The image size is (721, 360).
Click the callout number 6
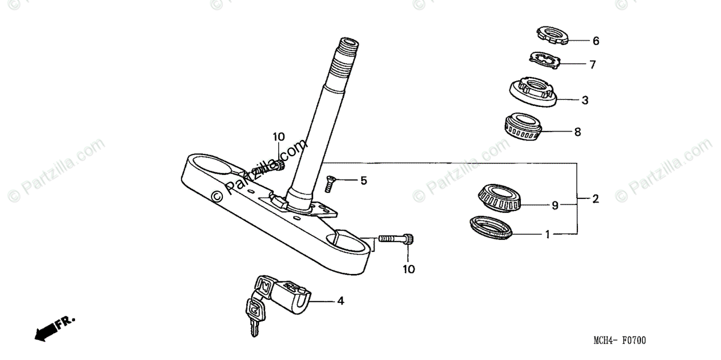click(595, 41)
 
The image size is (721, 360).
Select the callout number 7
click(592, 65)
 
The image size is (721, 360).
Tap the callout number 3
click(585, 100)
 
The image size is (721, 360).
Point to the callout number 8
click(577, 132)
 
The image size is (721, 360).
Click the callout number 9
click(555, 206)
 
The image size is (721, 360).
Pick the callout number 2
click(595, 199)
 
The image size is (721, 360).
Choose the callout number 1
click(547, 234)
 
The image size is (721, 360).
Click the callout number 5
click(363, 180)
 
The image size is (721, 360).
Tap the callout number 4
click(340, 301)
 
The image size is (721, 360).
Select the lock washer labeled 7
click(544, 60)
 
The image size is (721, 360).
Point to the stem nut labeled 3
click(531, 91)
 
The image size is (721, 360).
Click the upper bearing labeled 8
click(524, 127)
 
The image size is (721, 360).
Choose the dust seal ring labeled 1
click(490, 228)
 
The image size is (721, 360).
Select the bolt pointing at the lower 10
click(396, 240)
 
